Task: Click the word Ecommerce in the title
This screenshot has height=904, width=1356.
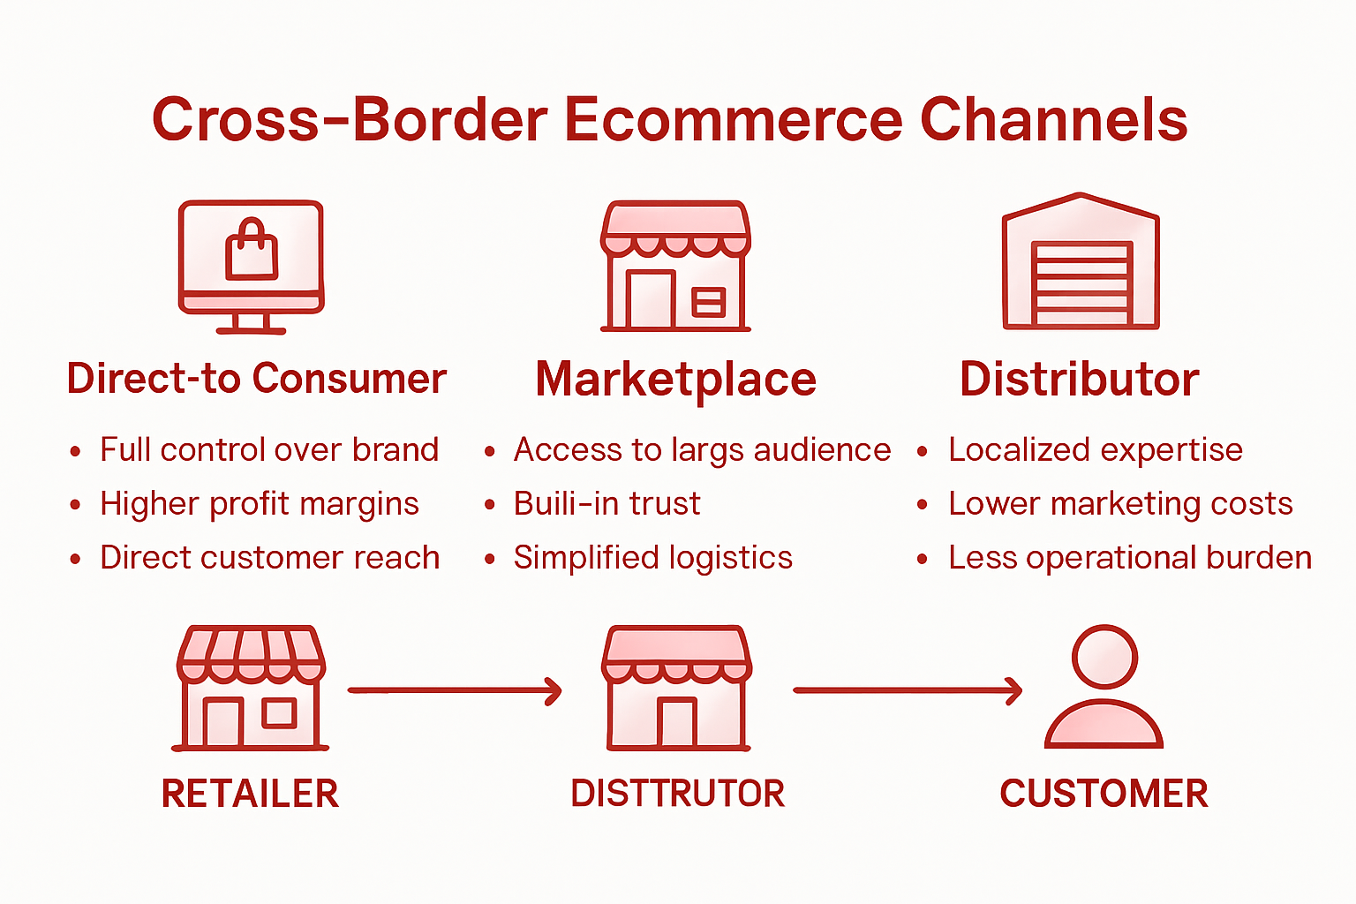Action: pyautogui.click(x=734, y=120)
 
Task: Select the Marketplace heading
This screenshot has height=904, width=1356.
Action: pyautogui.click(x=675, y=380)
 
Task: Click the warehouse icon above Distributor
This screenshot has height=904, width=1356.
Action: pyautogui.click(x=1081, y=261)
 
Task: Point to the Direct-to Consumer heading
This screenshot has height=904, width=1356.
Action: pyautogui.click(x=257, y=379)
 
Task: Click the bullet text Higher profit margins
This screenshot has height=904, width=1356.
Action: pyautogui.click(x=259, y=504)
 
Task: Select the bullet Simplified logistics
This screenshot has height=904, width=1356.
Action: pyautogui.click(x=652, y=558)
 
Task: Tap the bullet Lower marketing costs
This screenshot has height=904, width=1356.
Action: pyautogui.click(x=1119, y=504)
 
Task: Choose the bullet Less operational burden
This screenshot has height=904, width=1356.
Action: pyautogui.click(x=1129, y=558)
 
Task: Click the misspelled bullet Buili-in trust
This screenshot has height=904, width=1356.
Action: pyautogui.click(x=606, y=504)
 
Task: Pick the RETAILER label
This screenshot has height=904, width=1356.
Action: pyautogui.click(x=250, y=794)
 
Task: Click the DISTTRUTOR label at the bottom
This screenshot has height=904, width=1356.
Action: pyautogui.click(x=677, y=794)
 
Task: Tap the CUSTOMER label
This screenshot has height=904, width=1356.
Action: pyautogui.click(x=1104, y=794)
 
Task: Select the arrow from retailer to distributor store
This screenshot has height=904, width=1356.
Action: pyautogui.click(x=455, y=690)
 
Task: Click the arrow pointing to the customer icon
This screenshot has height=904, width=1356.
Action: pyautogui.click(x=907, y=690)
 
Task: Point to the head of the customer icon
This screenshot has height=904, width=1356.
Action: pyautogui.click(x=1104, y=658)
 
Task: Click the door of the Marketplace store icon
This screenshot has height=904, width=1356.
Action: pyautogui.click(x=651, y=300)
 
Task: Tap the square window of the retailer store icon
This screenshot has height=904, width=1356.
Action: pyautogui.click(x=280, y=712)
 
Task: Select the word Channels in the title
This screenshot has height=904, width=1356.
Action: pyautogui.click(x=1054, y=120)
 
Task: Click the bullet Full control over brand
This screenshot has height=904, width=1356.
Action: pyautogui.click(x=268, y=450)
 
